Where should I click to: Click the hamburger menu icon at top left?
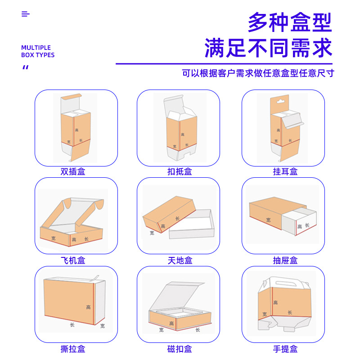click(x=25, y=14)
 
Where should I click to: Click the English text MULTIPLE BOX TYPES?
click(x=38, y=51)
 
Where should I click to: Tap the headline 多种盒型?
click(x=290, y=22)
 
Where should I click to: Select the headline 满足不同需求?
click(x=268, y=48)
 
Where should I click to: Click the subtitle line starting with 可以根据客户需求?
click(x=258, y=73)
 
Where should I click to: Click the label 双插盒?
click(x=73, y=171)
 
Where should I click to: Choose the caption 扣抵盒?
click(x=180, y=171)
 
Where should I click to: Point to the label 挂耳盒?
click(x=285, y=171)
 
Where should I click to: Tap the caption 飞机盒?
click(x=73, y=260)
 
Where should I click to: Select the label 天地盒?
click(x=180, y=260)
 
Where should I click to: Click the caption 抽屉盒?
click(x=285, y=260)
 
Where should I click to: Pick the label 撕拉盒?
click(x=73, y=349)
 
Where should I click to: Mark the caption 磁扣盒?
click(x=180, y=349)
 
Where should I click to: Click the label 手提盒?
click(x=285, y=349)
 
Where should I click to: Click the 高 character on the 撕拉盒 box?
click(x=89, y=307)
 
